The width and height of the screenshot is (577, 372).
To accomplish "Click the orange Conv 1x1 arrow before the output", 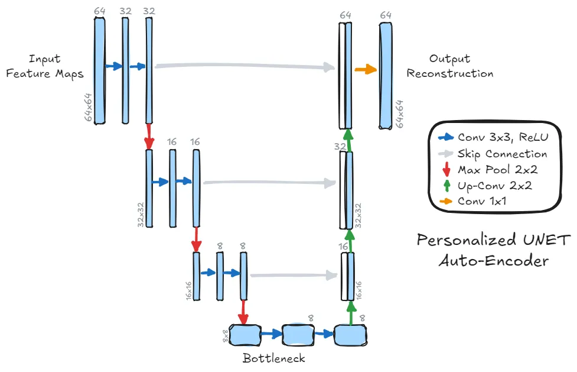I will click(x=366, y=70).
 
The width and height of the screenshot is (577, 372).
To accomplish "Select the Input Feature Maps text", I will click(x=44, y=66).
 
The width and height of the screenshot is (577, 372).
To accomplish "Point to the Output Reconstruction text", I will click(x=450, y=66).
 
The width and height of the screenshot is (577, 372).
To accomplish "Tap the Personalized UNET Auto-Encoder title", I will click(x=494, y=250).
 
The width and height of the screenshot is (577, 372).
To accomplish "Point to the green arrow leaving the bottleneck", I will click(x=351, y=312).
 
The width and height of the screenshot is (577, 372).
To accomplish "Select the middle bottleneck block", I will click(x=298, y=335).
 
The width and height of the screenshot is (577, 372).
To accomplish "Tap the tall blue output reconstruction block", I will click(x=386, y=76).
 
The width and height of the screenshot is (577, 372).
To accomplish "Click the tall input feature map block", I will click(x=99, y=70).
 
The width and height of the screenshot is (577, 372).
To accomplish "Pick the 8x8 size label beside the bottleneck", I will click(x=225, y=335).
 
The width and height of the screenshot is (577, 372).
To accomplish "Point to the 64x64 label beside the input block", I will click(x=89, y=107).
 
